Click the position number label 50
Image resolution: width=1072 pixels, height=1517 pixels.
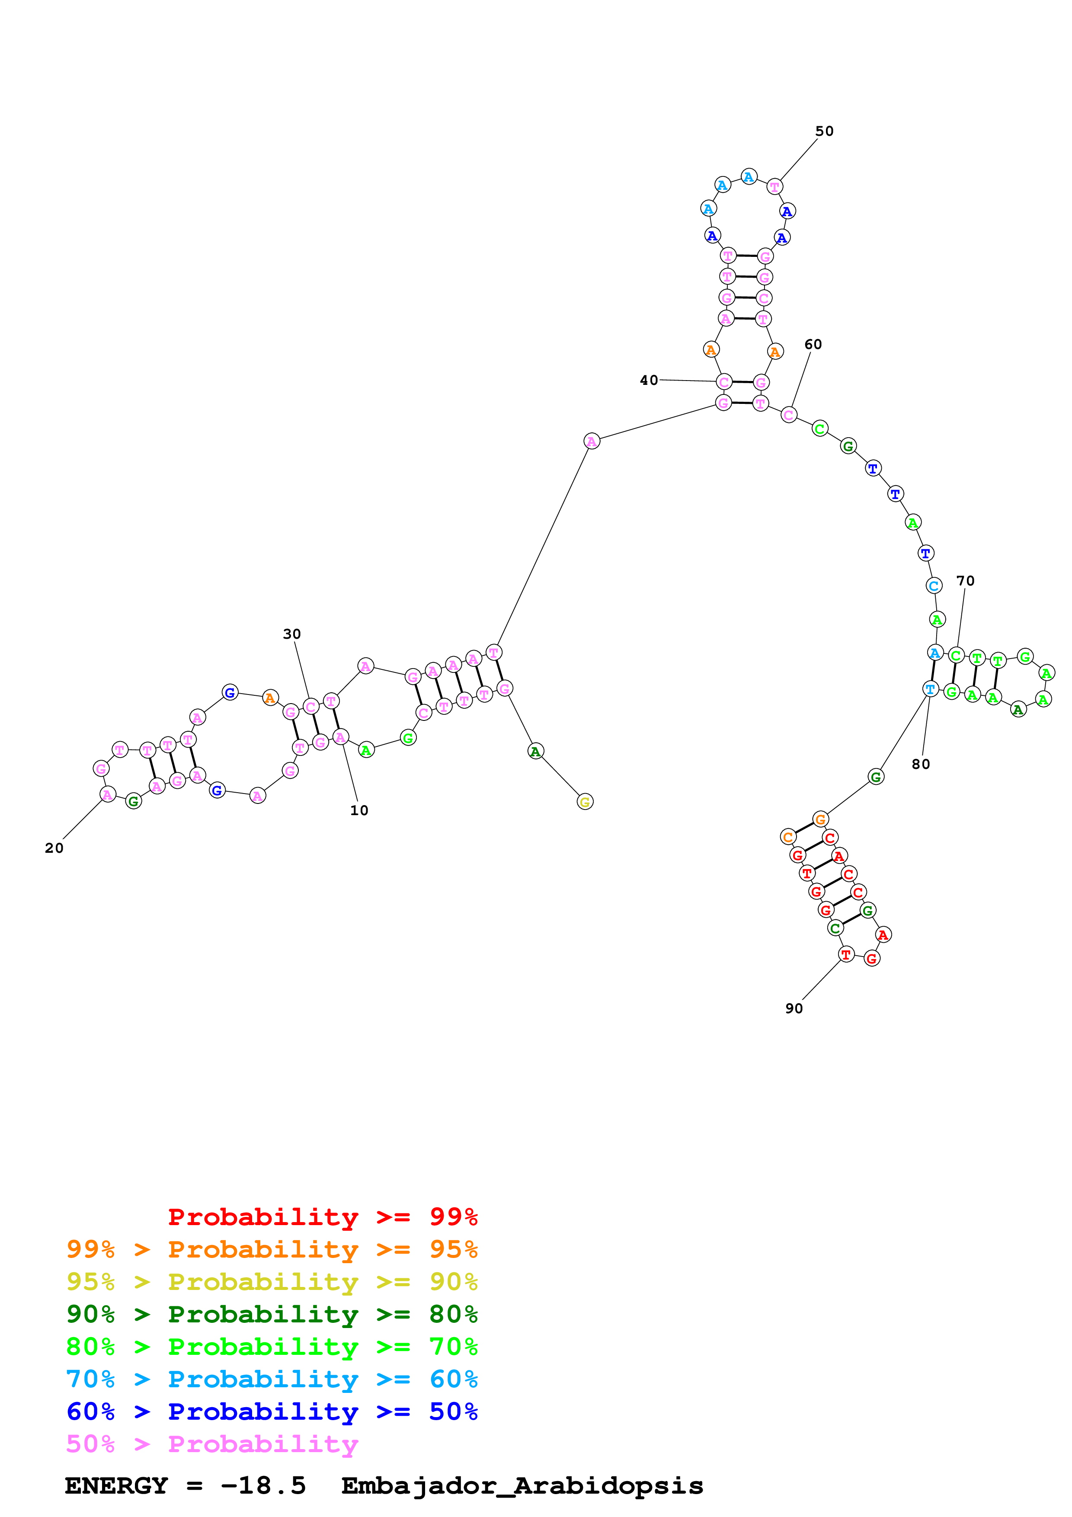(x=824, y=131)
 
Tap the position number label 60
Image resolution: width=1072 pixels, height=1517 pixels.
(x=813, y=344)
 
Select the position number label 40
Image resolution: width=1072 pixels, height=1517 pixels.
(x=649, y=380)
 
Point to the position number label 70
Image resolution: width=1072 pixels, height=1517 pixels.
(x=965, y=581)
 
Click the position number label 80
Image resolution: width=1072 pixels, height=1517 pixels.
(x=920, y=764)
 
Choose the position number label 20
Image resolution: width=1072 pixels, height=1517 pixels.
(x=54, y=848)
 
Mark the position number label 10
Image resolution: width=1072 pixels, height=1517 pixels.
(x=358, y=810)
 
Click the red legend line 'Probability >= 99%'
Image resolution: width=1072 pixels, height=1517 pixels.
(x=322, y=1216)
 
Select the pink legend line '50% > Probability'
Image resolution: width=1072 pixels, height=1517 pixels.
(x=211, y=1443)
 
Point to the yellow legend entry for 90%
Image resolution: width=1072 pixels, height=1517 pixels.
(x=272, y=1281)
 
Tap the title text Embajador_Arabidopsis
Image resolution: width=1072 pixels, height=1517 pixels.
(x=522, y=1485)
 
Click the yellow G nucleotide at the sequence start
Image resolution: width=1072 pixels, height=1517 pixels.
(x=585, y=801)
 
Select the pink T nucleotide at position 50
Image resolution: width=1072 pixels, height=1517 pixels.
(x=774, y=187)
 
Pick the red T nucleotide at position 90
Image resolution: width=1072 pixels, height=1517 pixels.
(x=845, y=954)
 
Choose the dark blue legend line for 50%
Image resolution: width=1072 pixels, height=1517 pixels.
(x=272, y=1411)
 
